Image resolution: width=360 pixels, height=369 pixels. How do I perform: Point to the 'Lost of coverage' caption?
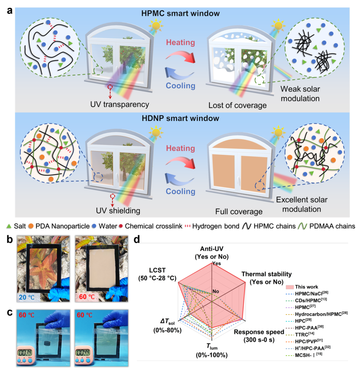237,105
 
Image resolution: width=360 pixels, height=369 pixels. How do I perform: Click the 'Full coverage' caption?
239,212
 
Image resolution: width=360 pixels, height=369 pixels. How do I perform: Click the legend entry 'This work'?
302,287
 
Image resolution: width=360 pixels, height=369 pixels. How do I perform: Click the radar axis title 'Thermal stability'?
266,274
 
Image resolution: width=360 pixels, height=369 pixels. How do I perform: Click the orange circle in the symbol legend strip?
31,226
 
